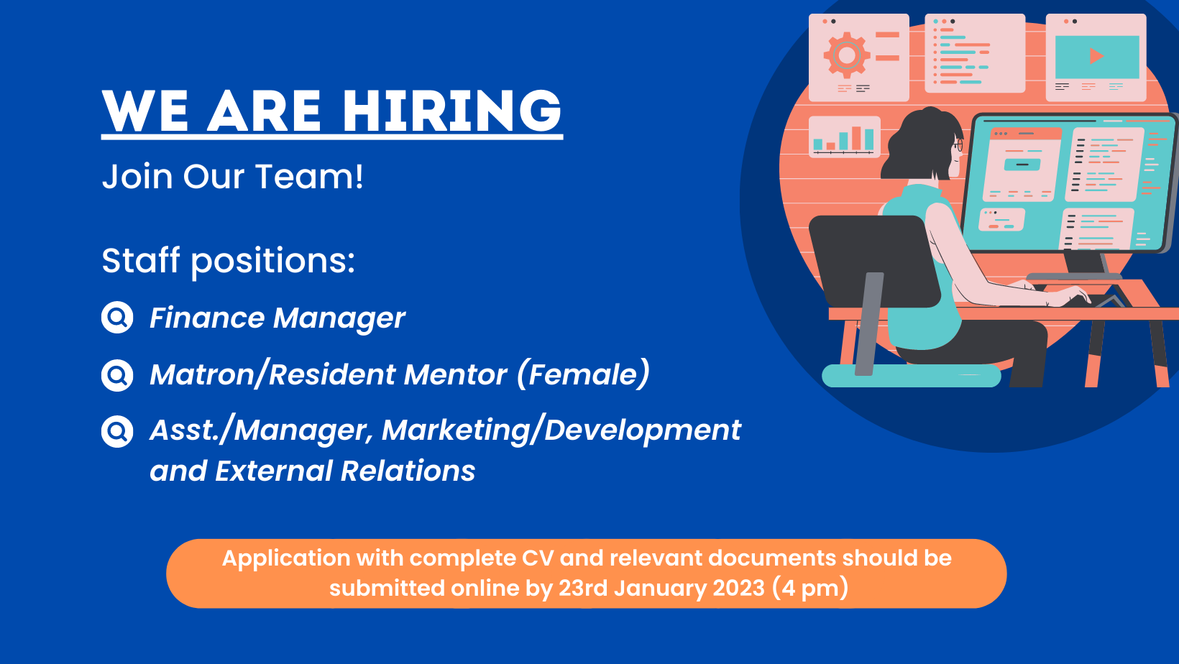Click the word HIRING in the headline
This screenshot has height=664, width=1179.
(x=452, y=111)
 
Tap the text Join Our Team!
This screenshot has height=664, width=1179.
(x=233, y=176)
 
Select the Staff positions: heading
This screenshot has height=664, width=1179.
(x=229, y=261)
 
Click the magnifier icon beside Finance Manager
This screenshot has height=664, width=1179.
(x=117, y=317)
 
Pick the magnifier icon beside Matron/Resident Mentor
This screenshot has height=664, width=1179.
(x=117, y=375)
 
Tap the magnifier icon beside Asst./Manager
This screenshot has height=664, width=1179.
(x=117, y=431)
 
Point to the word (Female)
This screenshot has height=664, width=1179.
(x=583, y=374)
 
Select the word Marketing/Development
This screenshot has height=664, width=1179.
(x=561, y=430)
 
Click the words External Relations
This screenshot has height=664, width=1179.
(x=345, y=471)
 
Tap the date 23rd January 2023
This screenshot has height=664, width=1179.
(x=661, y=588)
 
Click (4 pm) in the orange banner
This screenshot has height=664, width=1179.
(x=810, y=588)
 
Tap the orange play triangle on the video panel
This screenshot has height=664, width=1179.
(x=1096, y=56)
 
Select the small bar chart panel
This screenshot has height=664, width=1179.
(x=844, y=137)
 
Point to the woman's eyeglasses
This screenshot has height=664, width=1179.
(x=958, y=144)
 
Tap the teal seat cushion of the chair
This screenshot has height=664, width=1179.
(x=911, y=376)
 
